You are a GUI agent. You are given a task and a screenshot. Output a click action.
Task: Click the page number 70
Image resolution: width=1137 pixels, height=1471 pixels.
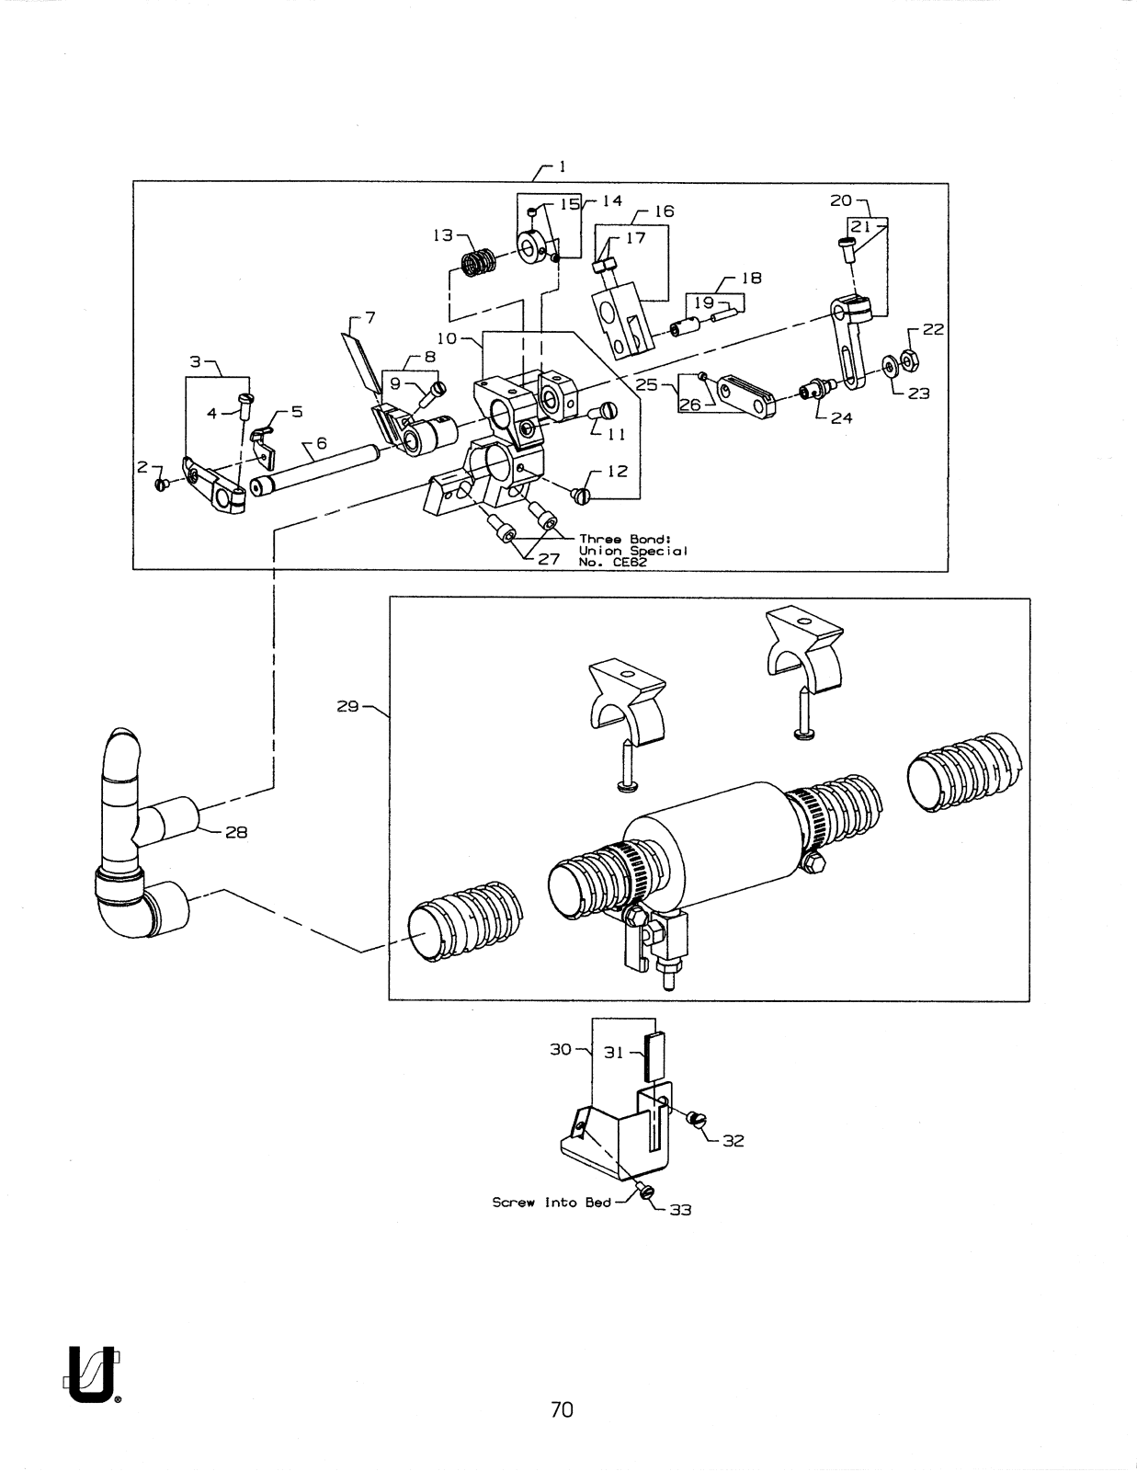click(562, 1409)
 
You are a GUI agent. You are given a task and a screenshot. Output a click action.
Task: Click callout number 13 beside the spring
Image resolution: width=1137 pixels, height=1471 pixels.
click(443, 235)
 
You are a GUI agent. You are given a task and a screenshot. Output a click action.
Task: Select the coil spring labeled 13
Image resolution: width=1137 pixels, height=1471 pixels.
click(480, 263)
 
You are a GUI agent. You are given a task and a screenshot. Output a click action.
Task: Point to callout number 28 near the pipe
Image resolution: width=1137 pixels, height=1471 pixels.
click(236, 833)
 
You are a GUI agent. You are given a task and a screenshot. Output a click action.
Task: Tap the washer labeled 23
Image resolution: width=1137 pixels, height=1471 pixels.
click(888, 366)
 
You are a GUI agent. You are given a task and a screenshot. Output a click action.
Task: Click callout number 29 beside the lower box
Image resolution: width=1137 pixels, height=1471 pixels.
click(347, 707)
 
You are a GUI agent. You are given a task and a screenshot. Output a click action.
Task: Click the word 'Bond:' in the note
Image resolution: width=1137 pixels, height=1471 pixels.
click(651, 540)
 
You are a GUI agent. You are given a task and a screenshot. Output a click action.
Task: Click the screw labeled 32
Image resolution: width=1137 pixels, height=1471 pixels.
click(697, 1120)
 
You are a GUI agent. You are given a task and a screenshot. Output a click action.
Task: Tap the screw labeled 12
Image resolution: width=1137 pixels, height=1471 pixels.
click(582, 496)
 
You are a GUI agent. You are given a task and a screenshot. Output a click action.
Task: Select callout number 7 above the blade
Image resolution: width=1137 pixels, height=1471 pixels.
click(370, 317)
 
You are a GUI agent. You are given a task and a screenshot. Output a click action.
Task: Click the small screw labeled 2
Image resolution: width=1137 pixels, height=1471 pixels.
click(161, 485)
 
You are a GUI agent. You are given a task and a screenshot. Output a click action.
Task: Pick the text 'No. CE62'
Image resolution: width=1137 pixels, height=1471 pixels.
click(612, 563)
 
